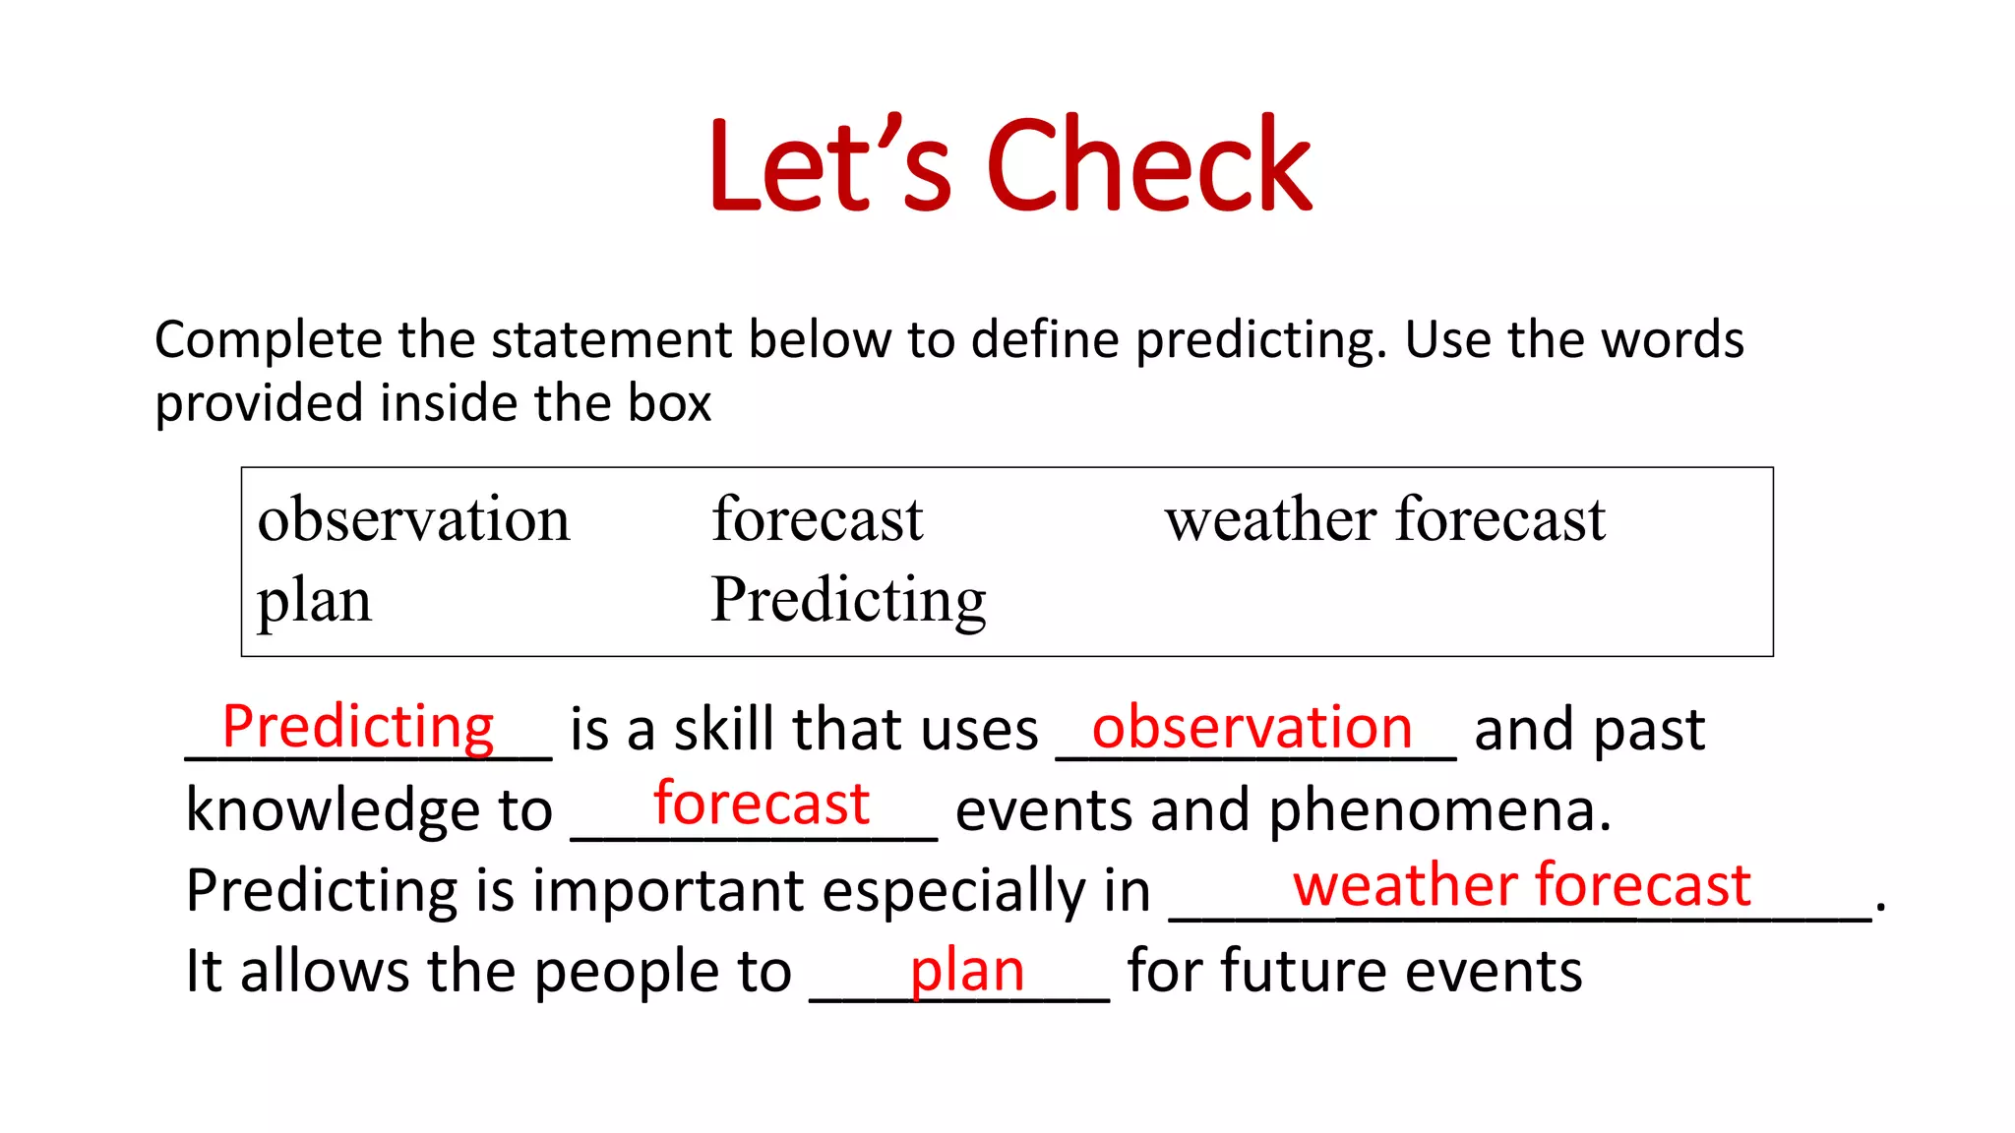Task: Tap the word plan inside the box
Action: click(x=314, y=601)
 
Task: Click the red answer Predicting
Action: click(x=358, y=728)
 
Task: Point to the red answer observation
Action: click(x=1252, y=728)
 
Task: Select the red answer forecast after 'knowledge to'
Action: click(x=762, y=804)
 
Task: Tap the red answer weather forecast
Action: click(x=1521, y=884)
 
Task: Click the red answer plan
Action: click(x=967, y=971)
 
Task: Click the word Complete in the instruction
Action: click(x=268, y=340)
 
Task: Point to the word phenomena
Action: click(x=1439, y=810)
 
